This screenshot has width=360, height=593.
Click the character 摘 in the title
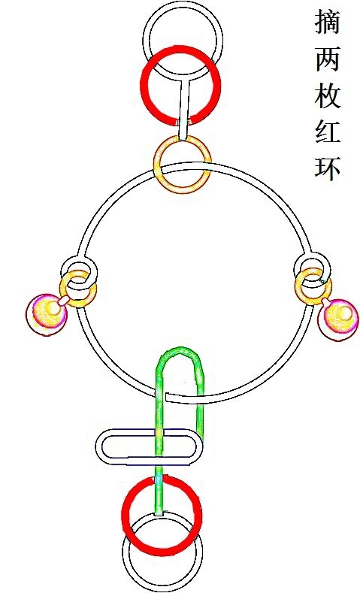(328, 22)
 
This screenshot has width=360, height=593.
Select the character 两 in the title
(328, 59)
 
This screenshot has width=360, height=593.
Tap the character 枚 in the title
(328, 95)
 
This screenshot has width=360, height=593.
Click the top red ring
(143, 85)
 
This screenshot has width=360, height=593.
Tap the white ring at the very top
(183, 5)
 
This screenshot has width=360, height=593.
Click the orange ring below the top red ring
(156, 165)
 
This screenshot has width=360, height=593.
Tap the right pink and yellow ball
(338, 319)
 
